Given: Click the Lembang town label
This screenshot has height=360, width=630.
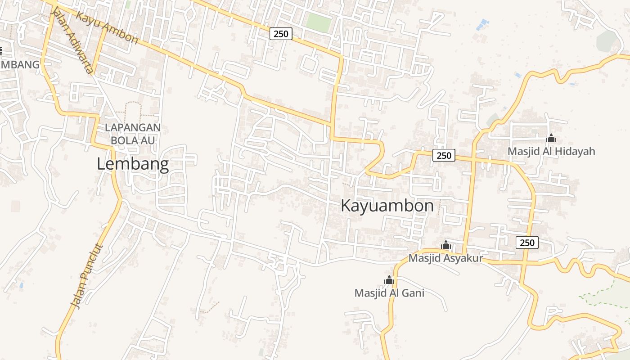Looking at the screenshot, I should [133, 164].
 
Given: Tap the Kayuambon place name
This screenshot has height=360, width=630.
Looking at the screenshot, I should [387, 206].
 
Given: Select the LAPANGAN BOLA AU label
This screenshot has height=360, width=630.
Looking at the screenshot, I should [133, 134].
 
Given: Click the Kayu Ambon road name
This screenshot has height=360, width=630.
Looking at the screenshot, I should [107, 28].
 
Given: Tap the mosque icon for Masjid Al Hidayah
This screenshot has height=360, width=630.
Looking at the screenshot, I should [551, 139].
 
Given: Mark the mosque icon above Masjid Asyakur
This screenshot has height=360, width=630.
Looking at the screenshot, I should [446, 245].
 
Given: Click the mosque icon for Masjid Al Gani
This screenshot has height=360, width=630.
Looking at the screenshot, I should [389, 280].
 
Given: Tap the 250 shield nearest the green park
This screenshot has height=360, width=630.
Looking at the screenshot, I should [281, 33].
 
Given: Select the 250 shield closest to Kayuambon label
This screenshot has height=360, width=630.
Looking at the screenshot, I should [444, 156].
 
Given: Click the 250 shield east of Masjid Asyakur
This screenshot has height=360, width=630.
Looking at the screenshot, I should [526, 243].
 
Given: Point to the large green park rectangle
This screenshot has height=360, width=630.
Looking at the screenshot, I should [319, 22].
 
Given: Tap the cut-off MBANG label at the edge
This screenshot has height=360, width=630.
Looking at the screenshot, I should [20, 65].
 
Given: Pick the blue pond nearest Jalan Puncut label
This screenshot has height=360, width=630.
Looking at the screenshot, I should [21, 285].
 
